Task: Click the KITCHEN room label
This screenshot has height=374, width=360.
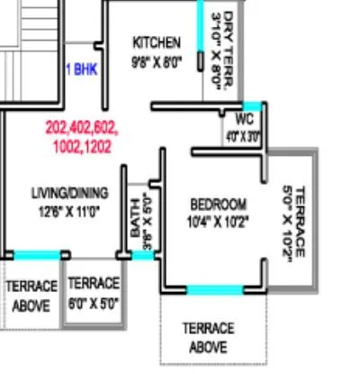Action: [157, 42]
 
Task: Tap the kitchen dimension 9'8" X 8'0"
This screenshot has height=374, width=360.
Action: [157, 62]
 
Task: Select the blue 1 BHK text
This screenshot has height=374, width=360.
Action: [81, 68]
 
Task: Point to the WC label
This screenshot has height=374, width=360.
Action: [244, 119]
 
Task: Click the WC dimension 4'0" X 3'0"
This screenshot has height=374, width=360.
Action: [243, 137]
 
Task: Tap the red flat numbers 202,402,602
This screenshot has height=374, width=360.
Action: [81, 128]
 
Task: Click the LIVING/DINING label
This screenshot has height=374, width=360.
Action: [69, 192]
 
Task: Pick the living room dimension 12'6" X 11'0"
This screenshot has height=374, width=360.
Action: [68, 211]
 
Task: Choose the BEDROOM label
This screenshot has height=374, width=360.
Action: [218, 204]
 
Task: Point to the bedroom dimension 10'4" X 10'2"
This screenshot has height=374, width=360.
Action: [218, 221]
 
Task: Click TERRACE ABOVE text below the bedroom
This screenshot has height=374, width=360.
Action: [208, 337]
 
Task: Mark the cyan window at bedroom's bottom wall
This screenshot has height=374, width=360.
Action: [214, 289]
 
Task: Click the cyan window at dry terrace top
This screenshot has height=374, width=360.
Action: [202, 18]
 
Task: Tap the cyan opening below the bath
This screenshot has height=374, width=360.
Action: [143, 256]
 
